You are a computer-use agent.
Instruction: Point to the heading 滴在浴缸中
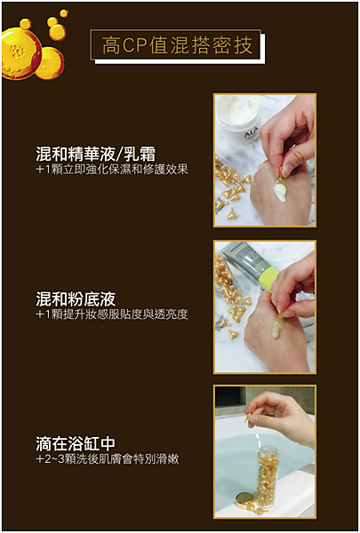click(x=75, y=443)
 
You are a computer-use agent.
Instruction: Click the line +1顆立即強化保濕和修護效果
click(x=111, y=169)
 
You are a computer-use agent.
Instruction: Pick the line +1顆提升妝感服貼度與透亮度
click(x=111, y=314)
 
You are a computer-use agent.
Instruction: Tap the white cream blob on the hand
click(x=277, y=187)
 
